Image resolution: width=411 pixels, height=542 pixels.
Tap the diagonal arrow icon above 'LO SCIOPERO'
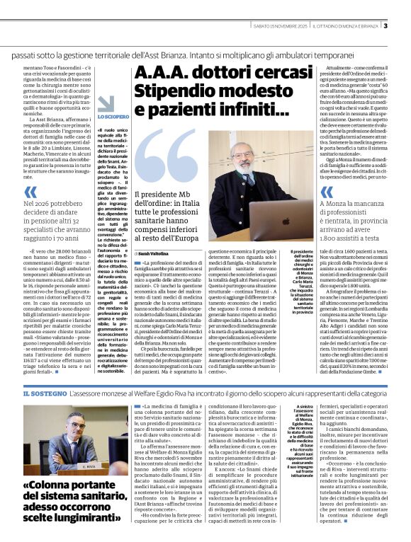105,104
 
